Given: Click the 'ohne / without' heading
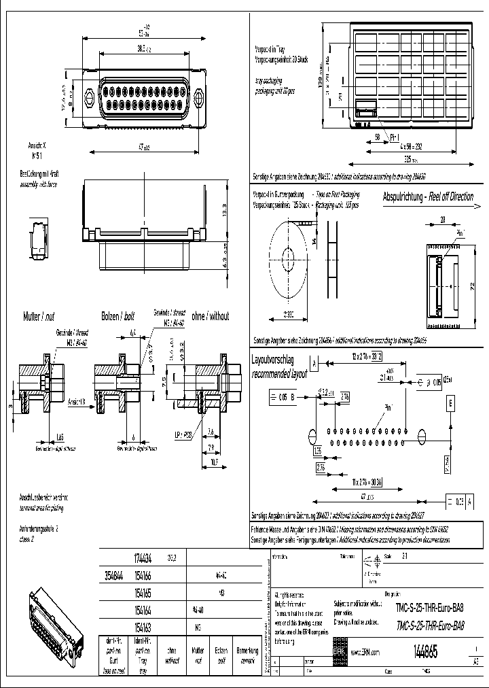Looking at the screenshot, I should click(210, 316).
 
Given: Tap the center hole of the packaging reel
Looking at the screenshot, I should click(288, 258).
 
